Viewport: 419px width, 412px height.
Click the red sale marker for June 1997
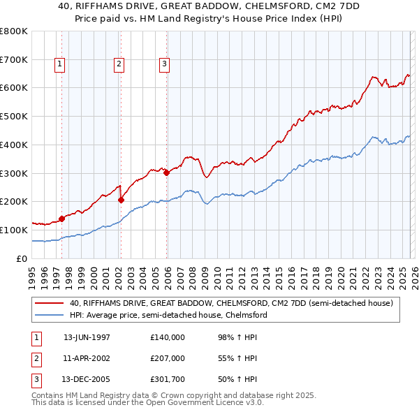[x=61, y=219]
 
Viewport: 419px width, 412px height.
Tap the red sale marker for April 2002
[x=121, y=200]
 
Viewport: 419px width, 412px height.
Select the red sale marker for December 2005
[x=166, y=173]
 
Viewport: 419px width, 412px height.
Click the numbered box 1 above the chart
[x=59, y=64]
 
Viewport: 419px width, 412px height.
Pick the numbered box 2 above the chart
[x=119, y=64]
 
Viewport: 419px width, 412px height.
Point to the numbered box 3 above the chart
[x=165, y=64]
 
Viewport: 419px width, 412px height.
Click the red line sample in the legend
[x=49, y=304]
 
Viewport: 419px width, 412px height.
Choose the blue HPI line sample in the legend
[x=49, y=315]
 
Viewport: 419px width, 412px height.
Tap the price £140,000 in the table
[x=167, y=337]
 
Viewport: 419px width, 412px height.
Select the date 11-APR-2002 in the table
[x=87, y=358]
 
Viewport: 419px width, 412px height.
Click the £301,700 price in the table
[x=167, y=379]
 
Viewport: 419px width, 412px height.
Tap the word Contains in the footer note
[x=48, y=395]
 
